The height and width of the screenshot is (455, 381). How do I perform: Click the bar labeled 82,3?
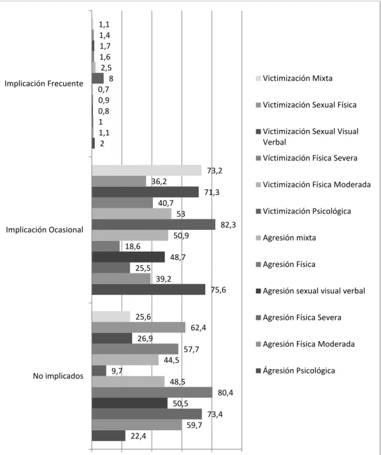153,225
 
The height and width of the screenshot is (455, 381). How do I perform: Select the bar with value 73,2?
146,170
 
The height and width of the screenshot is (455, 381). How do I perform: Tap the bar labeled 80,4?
152,392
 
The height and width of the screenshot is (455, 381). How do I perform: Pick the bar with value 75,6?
149,290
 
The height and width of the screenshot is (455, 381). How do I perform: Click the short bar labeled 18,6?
106,246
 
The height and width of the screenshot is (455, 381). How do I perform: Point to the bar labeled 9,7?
99,370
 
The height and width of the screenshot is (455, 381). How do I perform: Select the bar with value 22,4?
109,436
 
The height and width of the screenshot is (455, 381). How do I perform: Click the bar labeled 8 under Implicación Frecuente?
98,78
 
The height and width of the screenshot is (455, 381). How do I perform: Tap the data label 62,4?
199,328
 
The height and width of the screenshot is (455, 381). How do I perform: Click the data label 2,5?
106,68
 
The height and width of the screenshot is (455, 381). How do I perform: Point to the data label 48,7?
178,257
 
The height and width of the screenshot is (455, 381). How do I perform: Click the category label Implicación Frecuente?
44,83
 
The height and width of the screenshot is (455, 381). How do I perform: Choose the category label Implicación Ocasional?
45,230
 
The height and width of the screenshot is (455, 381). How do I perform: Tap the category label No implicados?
58,376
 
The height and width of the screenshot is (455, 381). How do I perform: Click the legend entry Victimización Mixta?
294,78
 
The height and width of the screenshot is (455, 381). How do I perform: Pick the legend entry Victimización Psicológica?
303,211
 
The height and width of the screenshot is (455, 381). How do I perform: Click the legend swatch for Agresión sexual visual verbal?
258,291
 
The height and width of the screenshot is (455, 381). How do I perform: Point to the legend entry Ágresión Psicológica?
295,370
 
